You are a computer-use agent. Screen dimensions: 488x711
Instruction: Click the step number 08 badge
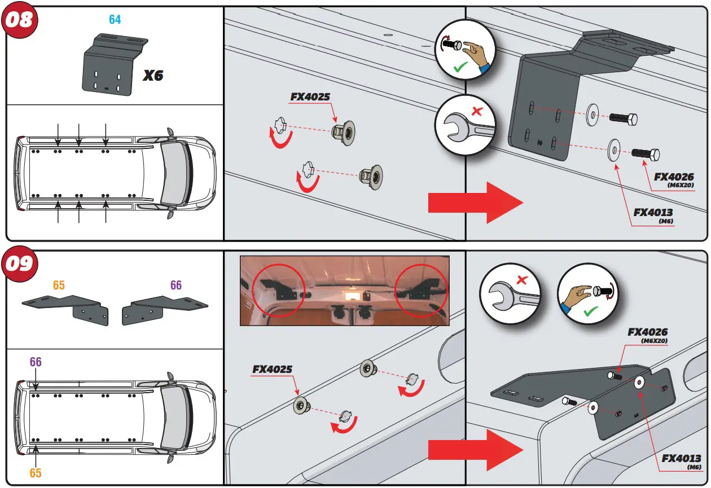click(20, 20)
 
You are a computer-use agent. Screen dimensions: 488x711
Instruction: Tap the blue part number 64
click(115, 20)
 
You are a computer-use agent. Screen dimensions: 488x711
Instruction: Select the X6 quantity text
click(152, 75)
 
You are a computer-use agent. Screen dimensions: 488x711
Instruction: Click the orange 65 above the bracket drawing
click(59, 285)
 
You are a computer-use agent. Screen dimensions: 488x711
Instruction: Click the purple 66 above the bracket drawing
click(176, 285)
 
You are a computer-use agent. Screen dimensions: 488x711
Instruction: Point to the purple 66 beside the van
click(36, 362)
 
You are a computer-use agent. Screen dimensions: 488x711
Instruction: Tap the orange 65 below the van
click(36, 473)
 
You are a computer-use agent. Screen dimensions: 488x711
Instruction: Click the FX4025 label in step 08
click(310, 96)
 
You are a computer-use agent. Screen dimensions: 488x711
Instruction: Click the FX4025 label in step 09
click(272, 370)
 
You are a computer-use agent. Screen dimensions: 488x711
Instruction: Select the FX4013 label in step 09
click(681, 458)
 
